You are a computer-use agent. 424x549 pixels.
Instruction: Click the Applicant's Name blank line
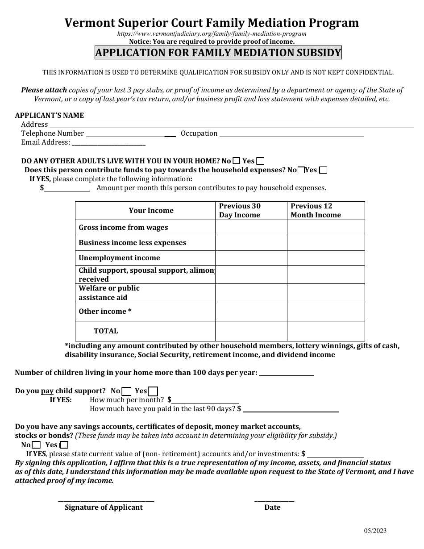(200, 116)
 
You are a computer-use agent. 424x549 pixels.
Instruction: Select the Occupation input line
(292, 134)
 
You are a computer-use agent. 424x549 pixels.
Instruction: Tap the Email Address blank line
(108, 143)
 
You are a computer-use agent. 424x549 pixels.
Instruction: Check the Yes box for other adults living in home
(261, 161)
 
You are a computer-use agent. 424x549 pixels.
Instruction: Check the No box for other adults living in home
(237, 161)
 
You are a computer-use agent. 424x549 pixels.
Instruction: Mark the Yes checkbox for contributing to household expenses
(323, 170)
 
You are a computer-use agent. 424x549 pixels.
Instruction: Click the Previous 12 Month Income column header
(316, 211)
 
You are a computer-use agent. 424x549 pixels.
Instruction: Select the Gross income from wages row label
(124, 228)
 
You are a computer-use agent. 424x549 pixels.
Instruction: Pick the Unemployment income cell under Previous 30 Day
(251, 258)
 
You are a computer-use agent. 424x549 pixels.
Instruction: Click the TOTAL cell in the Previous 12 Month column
(325, 331)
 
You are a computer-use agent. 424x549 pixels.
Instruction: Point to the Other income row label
(105, 312)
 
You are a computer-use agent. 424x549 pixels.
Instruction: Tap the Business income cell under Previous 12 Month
(325, 243)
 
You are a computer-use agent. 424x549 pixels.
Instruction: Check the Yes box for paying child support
(153, 391)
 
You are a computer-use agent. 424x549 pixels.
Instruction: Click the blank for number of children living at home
(286, 373)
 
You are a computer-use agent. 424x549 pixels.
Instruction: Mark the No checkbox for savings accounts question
(37, 445)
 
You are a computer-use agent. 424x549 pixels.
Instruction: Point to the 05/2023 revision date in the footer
(375, 531)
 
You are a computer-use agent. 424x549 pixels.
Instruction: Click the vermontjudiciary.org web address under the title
(212, 33)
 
